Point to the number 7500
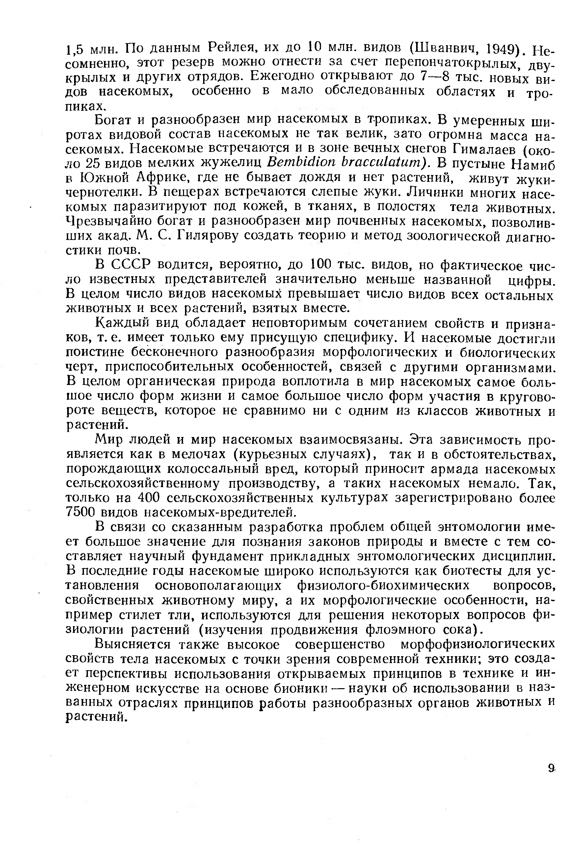tap(81, 512)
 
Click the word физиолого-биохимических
tap(383, 585)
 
